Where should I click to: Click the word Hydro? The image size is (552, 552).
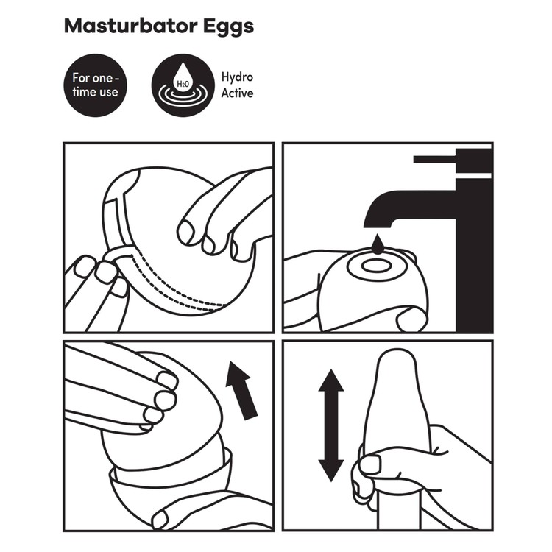pos(238,77)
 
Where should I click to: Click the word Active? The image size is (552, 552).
pos(237,93)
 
